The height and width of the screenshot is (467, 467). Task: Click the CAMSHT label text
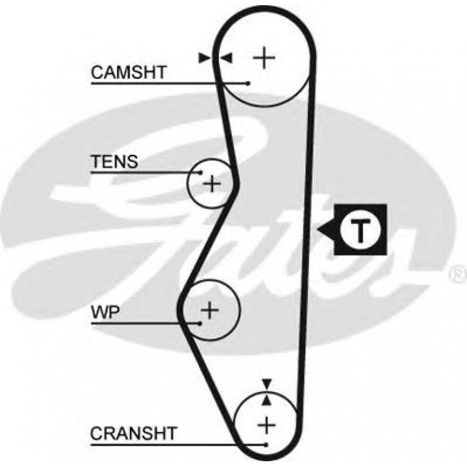(129, 73)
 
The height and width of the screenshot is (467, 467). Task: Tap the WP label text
(105, 313)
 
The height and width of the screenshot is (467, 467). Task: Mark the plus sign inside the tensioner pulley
(212, 184)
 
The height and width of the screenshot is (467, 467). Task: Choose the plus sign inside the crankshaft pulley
(266, 426)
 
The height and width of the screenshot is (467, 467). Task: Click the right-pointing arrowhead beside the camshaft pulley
(204, 57)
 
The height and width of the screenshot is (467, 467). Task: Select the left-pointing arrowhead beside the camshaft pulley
(226, 57)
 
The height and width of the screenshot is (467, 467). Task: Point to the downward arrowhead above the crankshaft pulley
(266, 383)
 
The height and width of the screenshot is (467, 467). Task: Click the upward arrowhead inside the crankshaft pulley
(266, 400)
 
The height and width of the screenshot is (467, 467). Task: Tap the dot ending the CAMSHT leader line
(248, 83)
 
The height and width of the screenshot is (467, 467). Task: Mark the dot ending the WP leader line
(201, 323)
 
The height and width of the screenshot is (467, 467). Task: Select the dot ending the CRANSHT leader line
(266, 444)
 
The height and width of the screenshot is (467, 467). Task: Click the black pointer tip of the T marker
(321, 230)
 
